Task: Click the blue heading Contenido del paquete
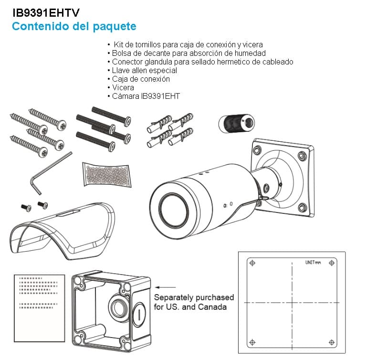pyautogui.click(x=74, y=26)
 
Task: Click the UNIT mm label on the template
pyautogui.click(x=313, y=263)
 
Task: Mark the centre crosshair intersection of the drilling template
pyautogui.click(x=292, y=303)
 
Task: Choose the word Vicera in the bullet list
pyautogui.click(x=123, y=87)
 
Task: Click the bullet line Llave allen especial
pyautogui.click(x=138, y=70)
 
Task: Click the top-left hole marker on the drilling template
pyautogui.click(x=253, y=263)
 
